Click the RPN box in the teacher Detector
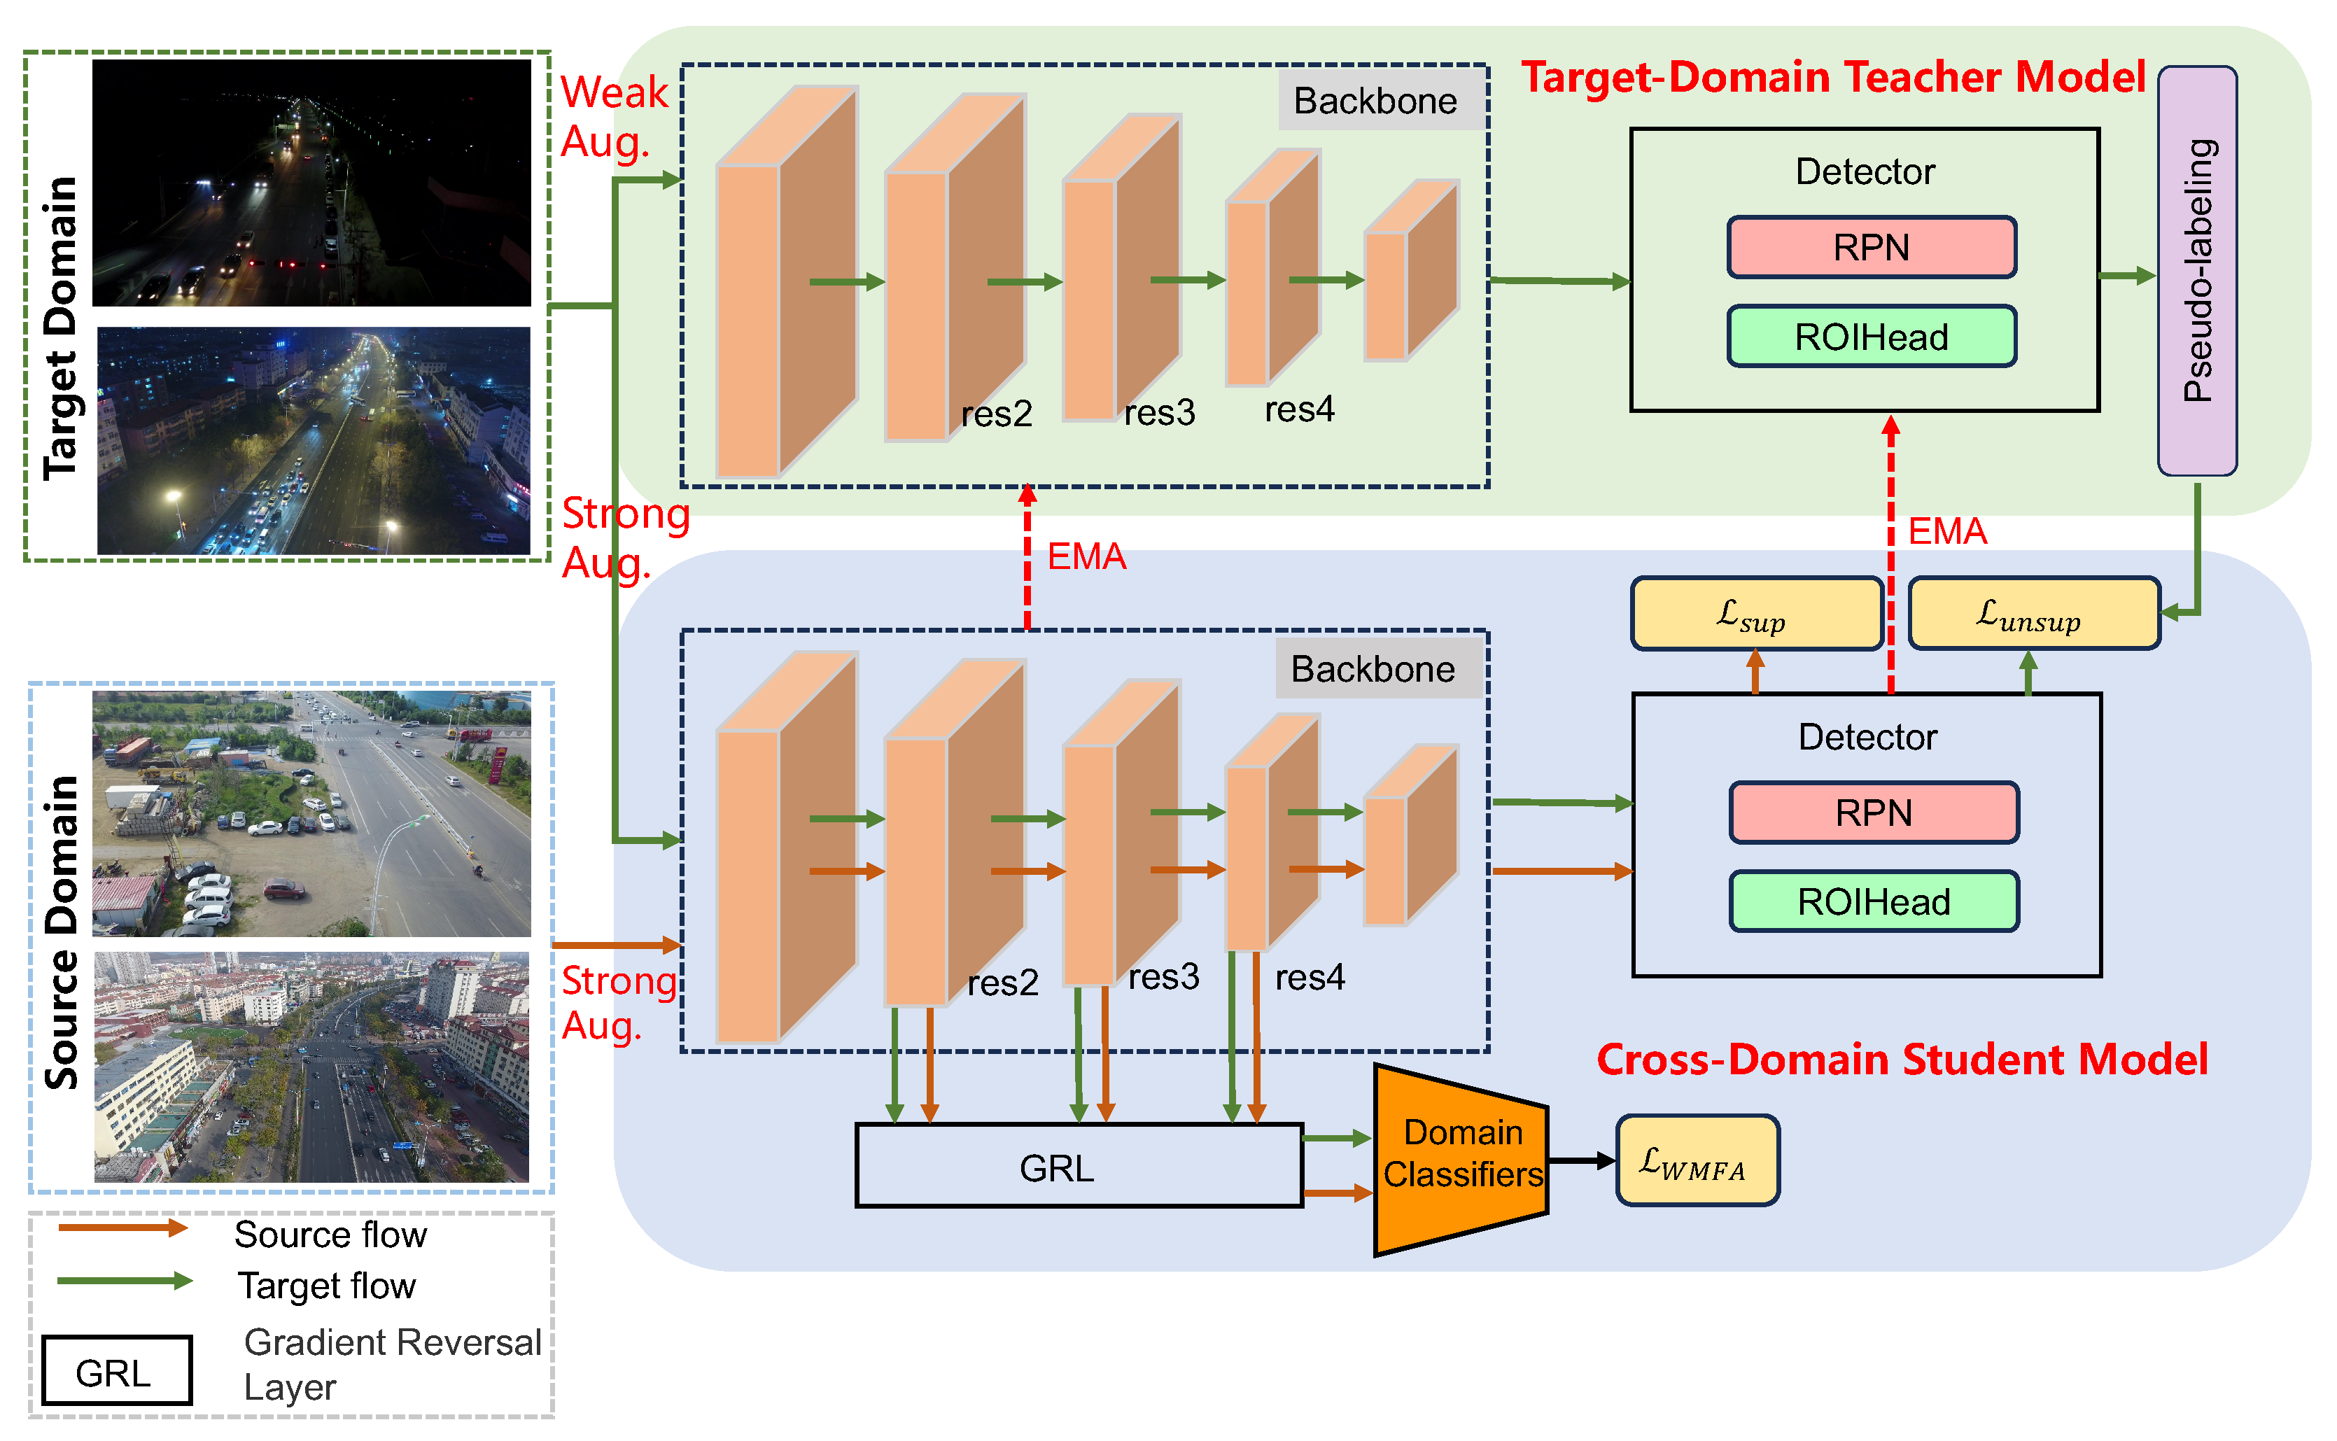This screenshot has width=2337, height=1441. pos(1871,248)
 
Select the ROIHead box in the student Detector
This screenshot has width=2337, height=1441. pos(1874,901)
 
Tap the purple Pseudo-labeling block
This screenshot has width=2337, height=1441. pos(2197,271)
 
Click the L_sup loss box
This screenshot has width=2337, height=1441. pos(1755,614)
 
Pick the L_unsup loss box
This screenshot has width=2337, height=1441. pos(2033,614)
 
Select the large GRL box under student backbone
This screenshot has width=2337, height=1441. pos(1078,1167)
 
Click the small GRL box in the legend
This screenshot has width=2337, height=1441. pos(116,1370)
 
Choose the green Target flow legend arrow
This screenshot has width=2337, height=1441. pos(124,1281)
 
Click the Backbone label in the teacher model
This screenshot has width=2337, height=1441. pos(1375,101)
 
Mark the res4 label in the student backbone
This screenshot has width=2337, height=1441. pos(1310,978)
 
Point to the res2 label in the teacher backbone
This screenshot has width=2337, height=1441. pos(996,414)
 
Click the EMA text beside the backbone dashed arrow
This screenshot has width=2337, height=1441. pos(1086,556)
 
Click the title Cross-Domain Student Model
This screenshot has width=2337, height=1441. pos(1902,1060)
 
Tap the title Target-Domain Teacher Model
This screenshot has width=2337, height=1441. pos(1832,77)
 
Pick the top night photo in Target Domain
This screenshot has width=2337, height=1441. pos(311,183)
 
